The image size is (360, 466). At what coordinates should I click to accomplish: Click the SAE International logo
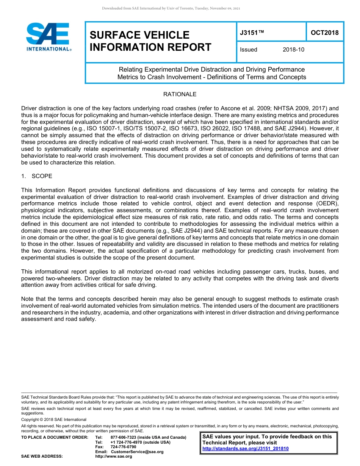(48, 37)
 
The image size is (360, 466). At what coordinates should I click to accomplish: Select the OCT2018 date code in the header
(324, 33)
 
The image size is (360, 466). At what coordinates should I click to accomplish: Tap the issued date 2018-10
(293, 50)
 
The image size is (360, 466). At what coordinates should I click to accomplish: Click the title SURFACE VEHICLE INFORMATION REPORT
(150, 41)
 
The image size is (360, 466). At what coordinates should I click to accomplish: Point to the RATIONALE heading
(180, 94)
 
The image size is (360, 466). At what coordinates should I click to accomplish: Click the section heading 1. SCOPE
(37, 176)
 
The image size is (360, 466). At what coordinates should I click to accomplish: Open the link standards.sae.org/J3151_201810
(246, 449)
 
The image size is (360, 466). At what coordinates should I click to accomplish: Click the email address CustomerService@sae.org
(137, 452)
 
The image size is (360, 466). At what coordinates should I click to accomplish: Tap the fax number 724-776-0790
(123, 447)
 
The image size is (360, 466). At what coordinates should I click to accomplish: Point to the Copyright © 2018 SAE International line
(54, 419)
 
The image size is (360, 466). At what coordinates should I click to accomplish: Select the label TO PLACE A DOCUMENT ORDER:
(55, 438)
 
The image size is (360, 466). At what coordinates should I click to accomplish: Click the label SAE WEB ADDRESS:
(42, 457)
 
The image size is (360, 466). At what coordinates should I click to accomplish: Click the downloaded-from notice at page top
(171, 8)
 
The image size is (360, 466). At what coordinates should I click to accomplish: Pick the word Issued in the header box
(249, 50)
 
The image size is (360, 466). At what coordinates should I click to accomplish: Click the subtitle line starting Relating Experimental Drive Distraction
(211, 69)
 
